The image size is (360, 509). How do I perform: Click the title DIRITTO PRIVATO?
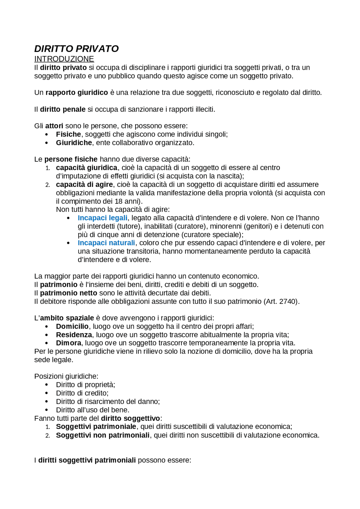(x=76, y=49)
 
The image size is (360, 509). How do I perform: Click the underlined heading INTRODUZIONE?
(x=64, y=59)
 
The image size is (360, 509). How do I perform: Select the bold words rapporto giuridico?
(x=76, y=92)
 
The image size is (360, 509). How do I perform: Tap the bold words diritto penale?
(x=62, y=109)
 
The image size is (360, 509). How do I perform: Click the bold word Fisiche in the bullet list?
(x=68, y=134)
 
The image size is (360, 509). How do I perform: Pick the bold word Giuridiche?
(x=74, y=143)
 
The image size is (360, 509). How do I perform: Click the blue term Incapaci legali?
(x=102, y=218)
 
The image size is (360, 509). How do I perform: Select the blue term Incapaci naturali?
(x=106, y=243)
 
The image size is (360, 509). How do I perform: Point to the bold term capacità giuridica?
(x=86, y=168)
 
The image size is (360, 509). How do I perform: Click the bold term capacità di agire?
(x=84, y=185)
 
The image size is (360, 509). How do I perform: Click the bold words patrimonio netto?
(x=68, y=293)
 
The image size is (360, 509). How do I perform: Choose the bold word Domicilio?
(x=72, y=327)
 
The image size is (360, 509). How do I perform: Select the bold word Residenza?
(x=74, y=335)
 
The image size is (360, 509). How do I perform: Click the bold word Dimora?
(x=68, y=343)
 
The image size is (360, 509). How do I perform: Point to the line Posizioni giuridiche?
(x=66, y=376)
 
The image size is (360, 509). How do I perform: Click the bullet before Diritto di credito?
(x=47, y=393)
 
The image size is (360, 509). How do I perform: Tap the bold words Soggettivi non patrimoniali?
(x=103, y=435)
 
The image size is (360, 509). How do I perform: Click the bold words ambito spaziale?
(x=67, y=318)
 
